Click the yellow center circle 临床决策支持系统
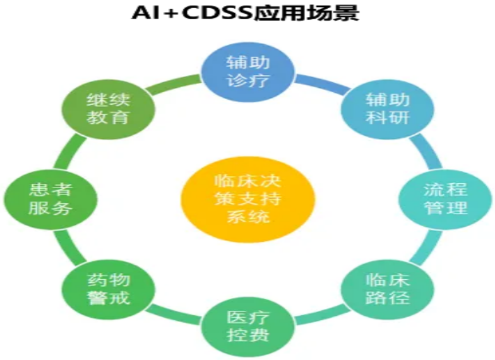(x=247, y=200)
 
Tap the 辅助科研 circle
(x=388, y=109)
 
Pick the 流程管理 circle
(x=445, y=200)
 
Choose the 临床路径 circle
(x=388, y=289)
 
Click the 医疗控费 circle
(x=247, y=327)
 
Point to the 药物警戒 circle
(x=109, y=289)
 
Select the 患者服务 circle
(x=51, y=200)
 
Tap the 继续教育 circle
(x=109, y=109)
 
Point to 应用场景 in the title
(x=307, y=13)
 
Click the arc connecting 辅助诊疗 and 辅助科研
(x=323, y=83)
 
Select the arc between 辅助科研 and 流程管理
(x=426, y=151)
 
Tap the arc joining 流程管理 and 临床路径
(x=426, y=246)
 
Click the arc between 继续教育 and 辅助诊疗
(x=174, y=83)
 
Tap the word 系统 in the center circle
(x=248, y=217)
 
